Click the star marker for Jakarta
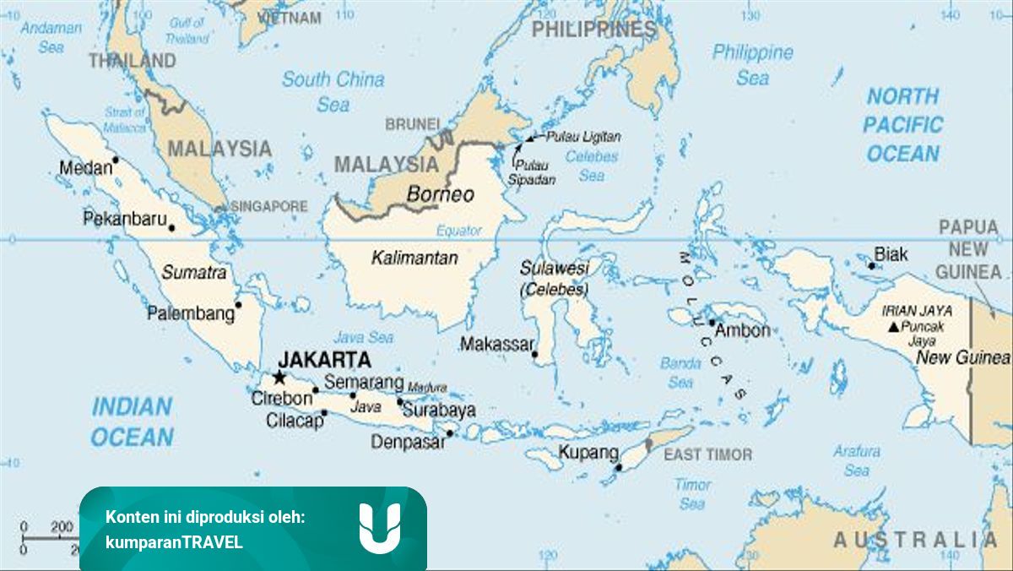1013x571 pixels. pyautogui.click(x=279, y=378)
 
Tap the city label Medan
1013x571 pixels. pyautogui.click(x=84, y=168)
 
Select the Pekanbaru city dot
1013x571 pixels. pyautogui.click(x=172, y=227)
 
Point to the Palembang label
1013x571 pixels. pyautogui.click(x=191, y=313)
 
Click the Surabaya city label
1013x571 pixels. pyautogui.click(x=438, y=411)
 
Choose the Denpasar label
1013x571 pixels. pyautogui.click(x=407, y=442)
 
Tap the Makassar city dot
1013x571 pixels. pyautogui.click(x=535, y=355)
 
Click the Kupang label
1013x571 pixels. pyautogui.click(x=588, y=453)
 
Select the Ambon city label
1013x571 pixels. pyautogui.click(x=742, y=330)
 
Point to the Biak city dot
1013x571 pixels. pyautogui.click(x=872, y=265)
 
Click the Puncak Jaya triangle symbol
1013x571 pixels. pyautogui.click(x=892, y=326)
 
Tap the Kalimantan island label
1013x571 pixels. pyautogui.click(x=414, y=258)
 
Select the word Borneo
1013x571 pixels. pyautogui.click(x=440, y=194)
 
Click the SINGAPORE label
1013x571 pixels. pyautogui.click(x=269, y=206)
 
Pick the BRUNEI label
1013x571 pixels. pyautogui.click(x=413, y=124)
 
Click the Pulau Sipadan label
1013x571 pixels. pyautogui.click(x=532, y=172)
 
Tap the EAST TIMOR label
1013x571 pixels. pyautogui.click(x=707, y=454)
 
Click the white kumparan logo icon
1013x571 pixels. pyautogui.click(x=379, y=528)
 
